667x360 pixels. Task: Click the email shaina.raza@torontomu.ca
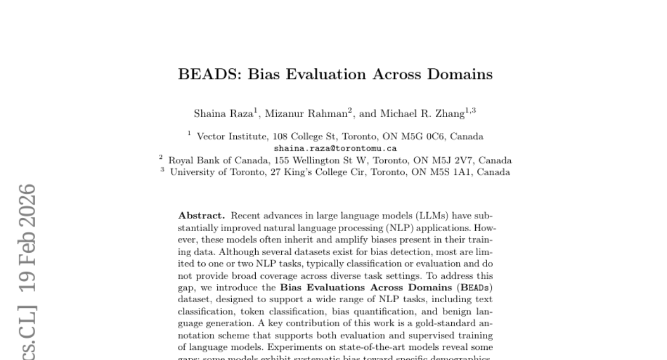tap(335, 148)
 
